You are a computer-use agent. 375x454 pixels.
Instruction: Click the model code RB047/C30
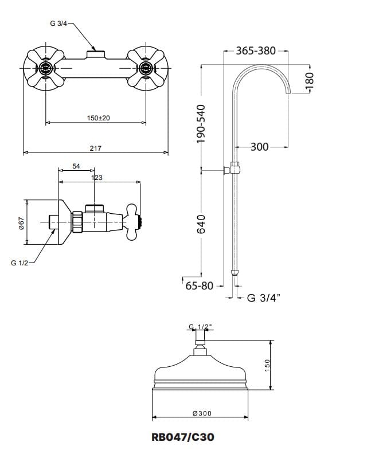tap(183, 437)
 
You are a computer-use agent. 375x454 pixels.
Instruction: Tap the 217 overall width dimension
tap(96, 148)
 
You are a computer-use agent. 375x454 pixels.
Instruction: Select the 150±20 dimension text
tap(99, 118)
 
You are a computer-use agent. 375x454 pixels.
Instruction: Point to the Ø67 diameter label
tap(22, 223)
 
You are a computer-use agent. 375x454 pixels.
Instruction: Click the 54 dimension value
tap(76, 166)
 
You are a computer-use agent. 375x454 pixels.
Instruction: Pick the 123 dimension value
tap(97, 178)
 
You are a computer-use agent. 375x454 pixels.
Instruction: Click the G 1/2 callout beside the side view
tap(19, 263)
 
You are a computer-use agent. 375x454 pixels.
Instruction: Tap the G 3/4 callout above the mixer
tap(58, 24)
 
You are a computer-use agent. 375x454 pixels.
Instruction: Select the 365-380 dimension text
tap(256, 50)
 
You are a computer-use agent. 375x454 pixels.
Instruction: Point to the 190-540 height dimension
tap(201, 124)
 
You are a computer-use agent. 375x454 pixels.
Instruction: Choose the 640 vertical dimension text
tap(201, 224)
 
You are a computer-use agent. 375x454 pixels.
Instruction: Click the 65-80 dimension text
tap(199, 286)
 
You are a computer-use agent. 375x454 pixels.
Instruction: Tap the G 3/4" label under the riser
tap(264, 298)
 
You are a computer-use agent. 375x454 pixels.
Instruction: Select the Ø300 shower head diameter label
tap(202, 413)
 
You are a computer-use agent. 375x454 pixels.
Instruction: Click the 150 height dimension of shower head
tap(267, 365)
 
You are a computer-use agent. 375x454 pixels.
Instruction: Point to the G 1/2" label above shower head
tap(200, 327)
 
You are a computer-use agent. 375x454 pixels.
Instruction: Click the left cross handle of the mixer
tap(45, 68)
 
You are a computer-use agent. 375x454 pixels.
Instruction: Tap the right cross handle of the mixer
tap(146, 68)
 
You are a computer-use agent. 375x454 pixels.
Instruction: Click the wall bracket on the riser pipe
tap(233, 169)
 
